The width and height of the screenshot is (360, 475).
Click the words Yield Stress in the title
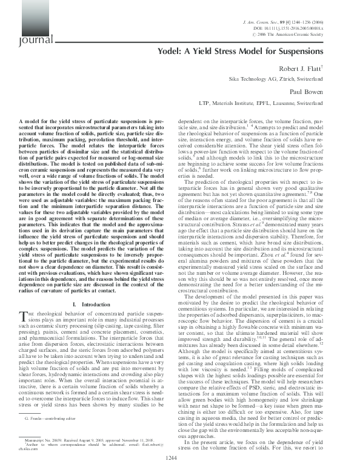(216, 52)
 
